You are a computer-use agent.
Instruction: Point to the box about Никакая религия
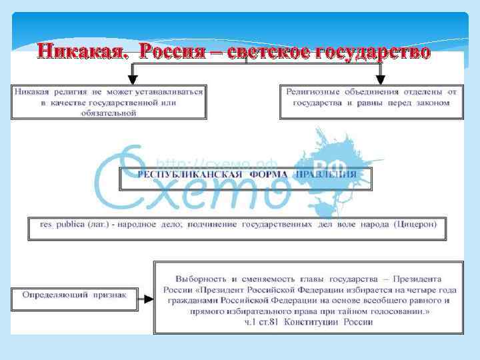click(108, 101)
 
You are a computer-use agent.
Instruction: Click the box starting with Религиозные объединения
click(371, 101)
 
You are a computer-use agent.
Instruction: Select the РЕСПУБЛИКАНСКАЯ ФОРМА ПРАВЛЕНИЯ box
click(246, 175)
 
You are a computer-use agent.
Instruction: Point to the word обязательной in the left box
click(108, 113)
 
